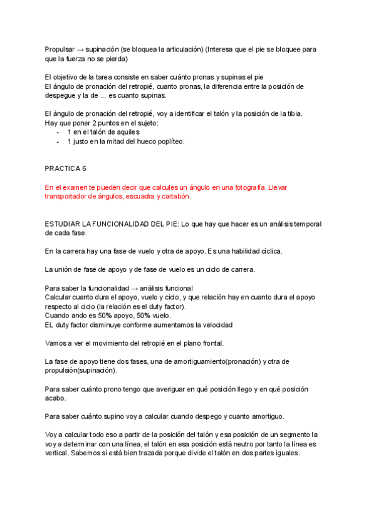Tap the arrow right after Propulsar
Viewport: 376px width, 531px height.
(81, 49)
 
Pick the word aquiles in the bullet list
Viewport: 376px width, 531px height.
(127, 132)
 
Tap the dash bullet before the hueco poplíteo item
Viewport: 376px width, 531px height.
(58, 142)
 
